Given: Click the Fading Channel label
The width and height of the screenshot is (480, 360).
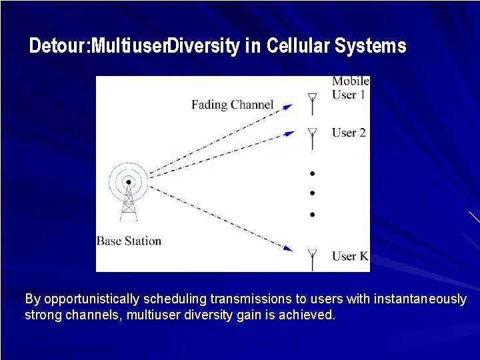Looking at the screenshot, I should point(232,104).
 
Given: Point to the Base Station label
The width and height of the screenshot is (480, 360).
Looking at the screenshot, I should point(129,241).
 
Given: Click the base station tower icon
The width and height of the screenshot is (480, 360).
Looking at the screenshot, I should point(128,193).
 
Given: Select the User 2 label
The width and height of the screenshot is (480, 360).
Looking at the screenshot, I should point(349,133).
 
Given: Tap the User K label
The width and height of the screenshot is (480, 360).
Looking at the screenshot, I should point(349,256).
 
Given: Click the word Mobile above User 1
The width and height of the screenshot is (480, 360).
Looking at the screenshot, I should point(350,81).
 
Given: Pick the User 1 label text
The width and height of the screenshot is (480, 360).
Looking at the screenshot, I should point(349,95).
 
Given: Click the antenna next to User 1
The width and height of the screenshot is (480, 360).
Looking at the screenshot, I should point(311,103).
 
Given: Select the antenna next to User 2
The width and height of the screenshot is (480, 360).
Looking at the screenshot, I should point(311,137).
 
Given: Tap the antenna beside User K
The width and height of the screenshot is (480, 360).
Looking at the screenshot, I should point(311,259).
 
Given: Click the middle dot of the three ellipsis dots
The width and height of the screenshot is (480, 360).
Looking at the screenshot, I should point(311,193).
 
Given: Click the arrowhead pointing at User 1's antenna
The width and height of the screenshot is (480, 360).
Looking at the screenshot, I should point(288,105).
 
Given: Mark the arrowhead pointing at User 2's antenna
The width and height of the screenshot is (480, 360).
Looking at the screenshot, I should point(289,133).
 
